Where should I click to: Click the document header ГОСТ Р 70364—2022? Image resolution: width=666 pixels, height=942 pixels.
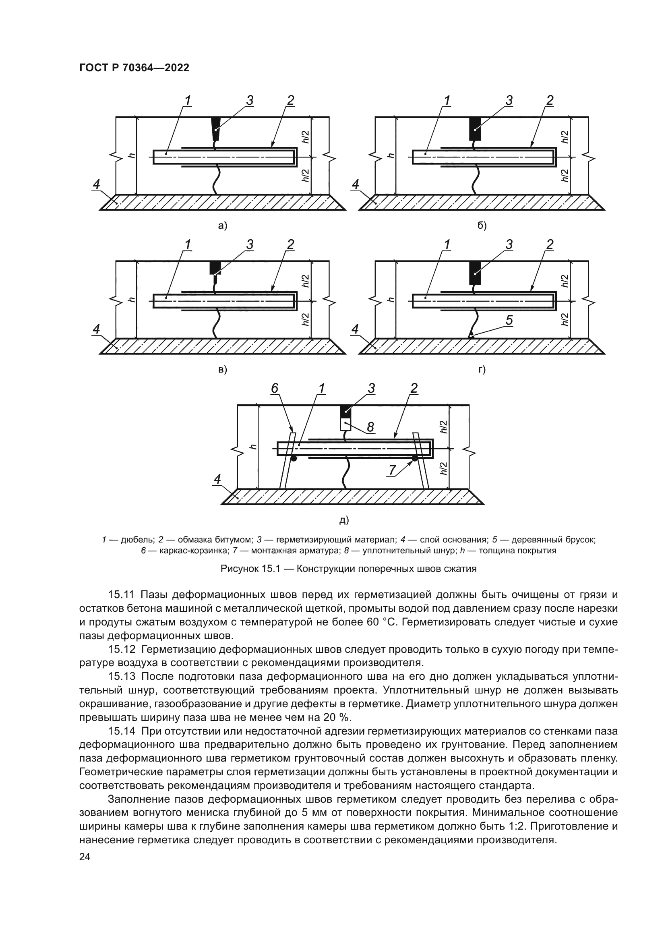pyautogui.click(x=134, y=68)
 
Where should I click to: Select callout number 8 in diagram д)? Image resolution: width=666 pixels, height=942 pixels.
pyautogui.click(x=370, y=427)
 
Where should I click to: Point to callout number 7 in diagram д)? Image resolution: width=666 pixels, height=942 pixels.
pyautogui.click(x=392, y=470)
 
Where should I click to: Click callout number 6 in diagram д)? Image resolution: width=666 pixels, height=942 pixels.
pyautogui.click(x=275, y=388)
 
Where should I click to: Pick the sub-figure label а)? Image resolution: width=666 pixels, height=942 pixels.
pyautogui.click(x=223, y=225)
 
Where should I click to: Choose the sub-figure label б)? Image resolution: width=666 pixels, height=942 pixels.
pyautogui.click(x=482, y=225)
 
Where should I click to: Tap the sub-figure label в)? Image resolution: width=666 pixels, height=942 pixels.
pyautogui.click(x=223, y=370)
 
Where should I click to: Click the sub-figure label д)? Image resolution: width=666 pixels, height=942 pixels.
pyautogui.click(x=343, y=520)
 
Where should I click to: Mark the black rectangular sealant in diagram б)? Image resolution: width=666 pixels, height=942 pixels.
pyautogui.click(x=475, y=128)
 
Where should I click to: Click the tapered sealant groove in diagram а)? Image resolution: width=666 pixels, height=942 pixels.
pyautogui.click(x=215, y=128)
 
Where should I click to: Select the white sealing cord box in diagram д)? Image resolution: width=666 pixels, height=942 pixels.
pyautogui.click(x=346, y=424)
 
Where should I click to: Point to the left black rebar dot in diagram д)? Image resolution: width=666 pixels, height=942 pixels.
pyautogui.click(x=294, y=458)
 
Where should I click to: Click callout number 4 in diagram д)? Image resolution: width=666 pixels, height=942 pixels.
pyautogui.click(x=217, y=479)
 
